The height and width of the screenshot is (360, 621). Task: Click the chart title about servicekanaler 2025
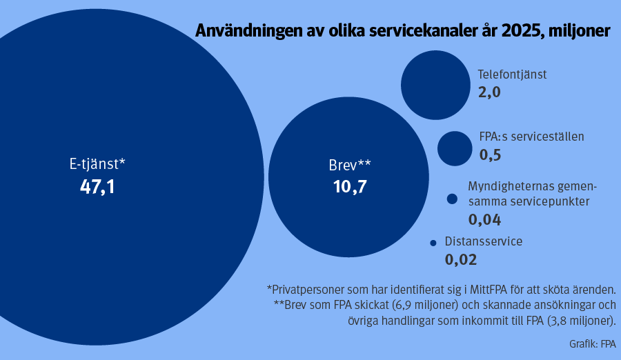tap(403, 31)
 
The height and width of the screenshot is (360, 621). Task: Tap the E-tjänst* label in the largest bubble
tap(97, 164)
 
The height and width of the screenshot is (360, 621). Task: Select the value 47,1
tap(97, 186)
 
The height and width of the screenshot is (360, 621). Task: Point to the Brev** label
tap(350, 166)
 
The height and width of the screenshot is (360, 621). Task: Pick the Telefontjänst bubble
tap(435, 84)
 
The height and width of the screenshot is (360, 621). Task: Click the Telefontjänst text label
tap(512, 74)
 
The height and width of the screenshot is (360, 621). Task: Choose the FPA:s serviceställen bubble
tap(455, 148)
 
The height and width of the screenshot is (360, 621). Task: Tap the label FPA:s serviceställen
tap(531, 137)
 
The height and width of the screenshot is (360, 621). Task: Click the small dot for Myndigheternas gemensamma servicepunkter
tap(453, 199)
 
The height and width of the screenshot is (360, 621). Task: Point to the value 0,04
tap(484, 220)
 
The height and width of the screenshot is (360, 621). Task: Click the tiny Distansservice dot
tap(433, 243)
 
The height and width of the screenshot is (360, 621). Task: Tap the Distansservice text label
tap(483, 242)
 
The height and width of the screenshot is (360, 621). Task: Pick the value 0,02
tap(461, 261)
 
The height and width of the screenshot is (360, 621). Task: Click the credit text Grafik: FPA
tap(593, 343)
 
